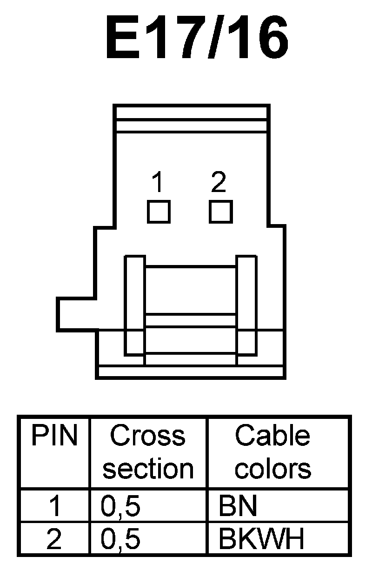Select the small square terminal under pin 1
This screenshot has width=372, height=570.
(x=159, y=212)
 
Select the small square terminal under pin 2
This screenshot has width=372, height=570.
(x=220, y=212)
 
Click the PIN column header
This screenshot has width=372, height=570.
(x=54, y=436)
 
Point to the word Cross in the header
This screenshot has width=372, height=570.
(x=147, y=436)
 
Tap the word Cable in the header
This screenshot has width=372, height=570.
(x=272, y=436)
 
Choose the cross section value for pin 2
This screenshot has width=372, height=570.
(x=120, y=540)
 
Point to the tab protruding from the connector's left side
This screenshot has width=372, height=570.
(x=77, y=315)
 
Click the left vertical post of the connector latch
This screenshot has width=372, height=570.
(x=135, y=305)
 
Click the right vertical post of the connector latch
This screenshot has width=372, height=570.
(x=246, y=305)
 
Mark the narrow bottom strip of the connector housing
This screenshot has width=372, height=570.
(x=191, y=371)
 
